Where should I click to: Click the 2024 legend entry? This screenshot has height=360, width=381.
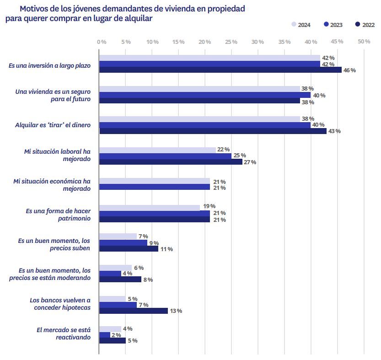pyautogui.click(x=301, y=25)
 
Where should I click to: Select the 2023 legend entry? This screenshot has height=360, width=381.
pyautogui.click(x=333, y=25)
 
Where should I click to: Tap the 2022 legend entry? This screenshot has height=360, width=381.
pyautogui.click(x=365, y=25)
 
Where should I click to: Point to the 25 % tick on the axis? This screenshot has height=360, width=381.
pyautogui.click(x=231, y=42)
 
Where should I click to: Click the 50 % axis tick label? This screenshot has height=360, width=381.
pyautogui.click(x=364, y=42)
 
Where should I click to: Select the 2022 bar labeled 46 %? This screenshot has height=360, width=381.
pyautogui.click(x=220, y=70)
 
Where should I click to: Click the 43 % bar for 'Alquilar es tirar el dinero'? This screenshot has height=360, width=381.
pyautogui.click(x=213, y=131)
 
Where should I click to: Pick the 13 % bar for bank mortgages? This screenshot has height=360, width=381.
pyautogui.click(x=134, y=311)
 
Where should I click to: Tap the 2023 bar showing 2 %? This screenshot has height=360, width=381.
pyautogui.click(x=105, y=335)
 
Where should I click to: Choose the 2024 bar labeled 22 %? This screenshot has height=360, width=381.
pyautogui.click(x=157, y=150)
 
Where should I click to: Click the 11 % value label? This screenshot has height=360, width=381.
pyautogui.click(x=166, y=249)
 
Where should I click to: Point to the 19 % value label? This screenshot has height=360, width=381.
pyautogui.click(x=209, y=206)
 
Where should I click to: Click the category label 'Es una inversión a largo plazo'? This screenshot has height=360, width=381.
pyautogui.click(x=49, y=65)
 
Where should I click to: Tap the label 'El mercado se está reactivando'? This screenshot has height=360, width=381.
pyautogui.click(x=64, y=333)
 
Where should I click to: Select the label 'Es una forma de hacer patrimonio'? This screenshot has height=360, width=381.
pyautogui.click(x=58, y=215)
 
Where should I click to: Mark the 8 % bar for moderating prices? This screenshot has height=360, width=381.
pyautogui.click(x=120, y=279)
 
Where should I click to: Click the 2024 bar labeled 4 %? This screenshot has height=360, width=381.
pyautogui.click(x=110, y=329)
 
